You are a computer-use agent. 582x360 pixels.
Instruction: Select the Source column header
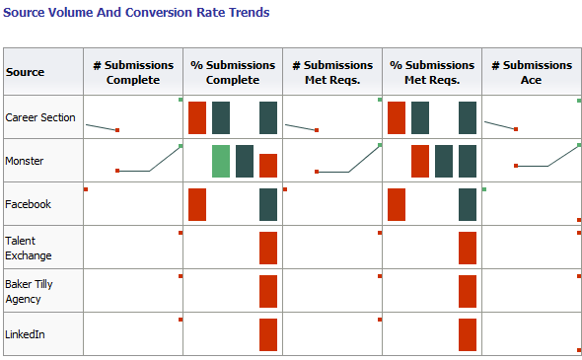coord(25,72)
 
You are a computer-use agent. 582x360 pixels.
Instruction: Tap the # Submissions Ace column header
coord(531,72)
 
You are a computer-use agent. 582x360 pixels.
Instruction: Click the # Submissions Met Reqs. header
coord(331,72)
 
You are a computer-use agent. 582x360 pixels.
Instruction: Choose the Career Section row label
coord(40,117)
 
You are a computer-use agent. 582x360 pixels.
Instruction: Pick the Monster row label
coord(24,161)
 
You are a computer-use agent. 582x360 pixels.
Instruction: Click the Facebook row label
coord(28,204)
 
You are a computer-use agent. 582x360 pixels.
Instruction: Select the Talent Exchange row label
coord(29,248)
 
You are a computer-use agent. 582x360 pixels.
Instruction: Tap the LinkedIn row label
coord(25,334)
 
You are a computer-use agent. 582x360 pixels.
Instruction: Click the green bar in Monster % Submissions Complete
coord(221,161)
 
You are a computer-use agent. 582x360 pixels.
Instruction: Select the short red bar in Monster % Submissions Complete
coord(268,166)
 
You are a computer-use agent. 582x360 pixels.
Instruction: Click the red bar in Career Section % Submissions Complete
coord(197,117)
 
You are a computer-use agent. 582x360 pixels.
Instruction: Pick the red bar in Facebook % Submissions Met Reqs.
coord(397,204)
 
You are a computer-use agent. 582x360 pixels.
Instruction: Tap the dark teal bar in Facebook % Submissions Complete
coord(268,204)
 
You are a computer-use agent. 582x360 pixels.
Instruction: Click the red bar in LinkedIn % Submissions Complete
coord(268,334)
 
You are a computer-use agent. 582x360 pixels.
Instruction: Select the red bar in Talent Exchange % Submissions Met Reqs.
coord(468,248)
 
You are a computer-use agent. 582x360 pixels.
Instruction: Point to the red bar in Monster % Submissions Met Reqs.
coord(420,161)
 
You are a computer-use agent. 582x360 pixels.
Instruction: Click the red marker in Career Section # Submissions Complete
coord(117,130)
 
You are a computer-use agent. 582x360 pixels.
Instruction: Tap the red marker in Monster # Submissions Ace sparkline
coord(516,167)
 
